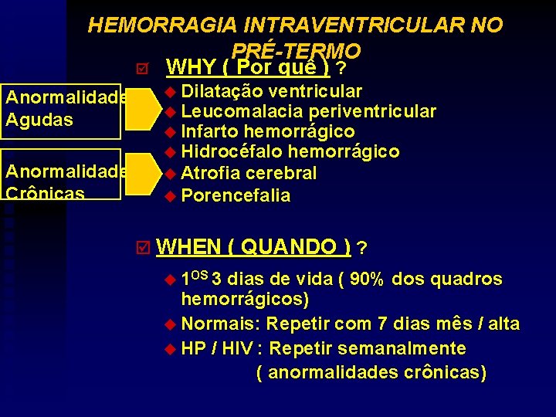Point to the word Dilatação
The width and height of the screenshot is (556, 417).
218,91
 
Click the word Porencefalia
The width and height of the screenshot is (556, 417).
236,195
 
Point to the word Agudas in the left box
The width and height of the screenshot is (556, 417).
39,120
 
